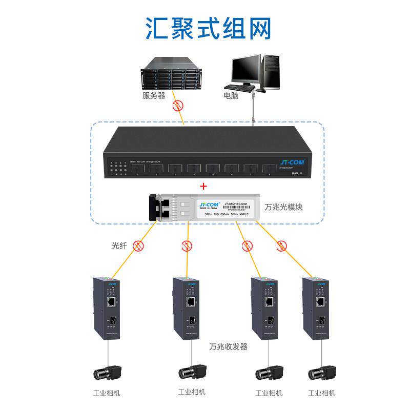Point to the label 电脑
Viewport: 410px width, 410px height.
(231, 95)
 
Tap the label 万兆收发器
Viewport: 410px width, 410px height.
(229, 347)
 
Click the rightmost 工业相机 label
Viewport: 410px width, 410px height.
(322, 393)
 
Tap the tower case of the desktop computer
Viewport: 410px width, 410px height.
(272, 72)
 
